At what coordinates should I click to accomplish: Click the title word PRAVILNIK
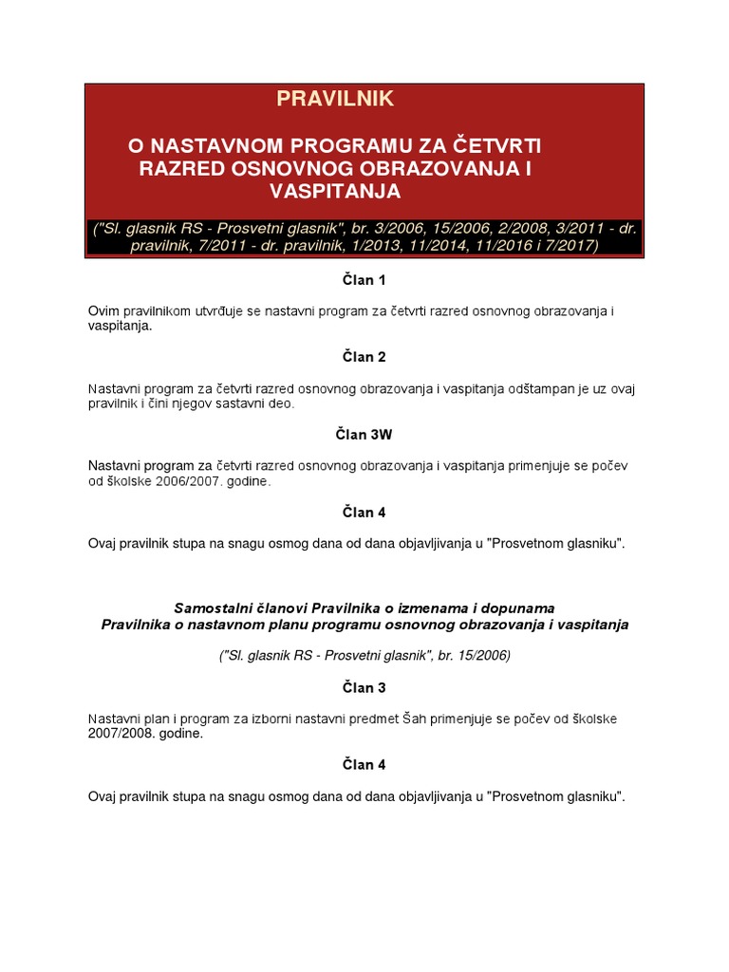coord(335,99)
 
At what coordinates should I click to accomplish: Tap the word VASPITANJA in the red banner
coord(335,191)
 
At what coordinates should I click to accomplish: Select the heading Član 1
coord(364,280)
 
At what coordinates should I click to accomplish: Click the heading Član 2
coord(364,357)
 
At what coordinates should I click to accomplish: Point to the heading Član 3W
coord(364,435)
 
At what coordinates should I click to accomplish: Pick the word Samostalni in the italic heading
coord(208,607)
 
